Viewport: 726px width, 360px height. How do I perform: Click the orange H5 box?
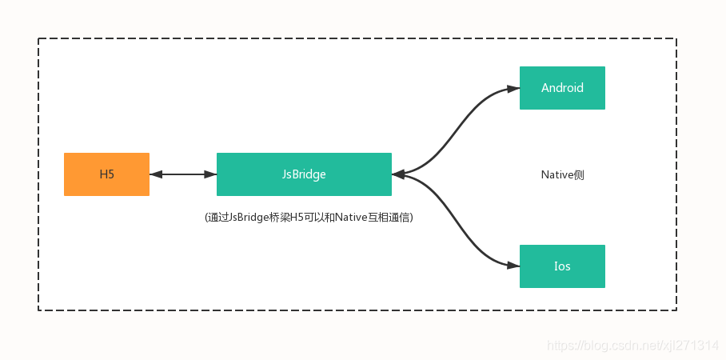click(106, 174)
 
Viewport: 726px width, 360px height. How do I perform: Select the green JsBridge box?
click(304, 174)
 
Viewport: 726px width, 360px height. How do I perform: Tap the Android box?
click(562, 88)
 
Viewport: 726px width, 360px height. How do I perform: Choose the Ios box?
click(562, 266)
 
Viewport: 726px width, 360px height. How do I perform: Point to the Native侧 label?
click(562, 174)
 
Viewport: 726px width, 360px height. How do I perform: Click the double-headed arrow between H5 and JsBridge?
click(183, 174)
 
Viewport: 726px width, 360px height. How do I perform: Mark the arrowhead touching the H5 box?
click(156, 174)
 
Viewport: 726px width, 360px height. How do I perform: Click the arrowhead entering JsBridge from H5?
click(210, 174)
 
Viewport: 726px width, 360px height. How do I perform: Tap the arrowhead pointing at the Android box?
click(513, 88)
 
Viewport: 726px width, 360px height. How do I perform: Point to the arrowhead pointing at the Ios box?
click(513, 266)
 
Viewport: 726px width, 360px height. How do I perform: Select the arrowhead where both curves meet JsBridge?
click(398, 174)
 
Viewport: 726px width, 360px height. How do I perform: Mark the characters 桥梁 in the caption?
click(284, 218)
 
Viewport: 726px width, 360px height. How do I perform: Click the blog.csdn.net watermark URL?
click(632, 345)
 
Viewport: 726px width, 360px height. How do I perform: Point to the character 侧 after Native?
click(579, 174)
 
